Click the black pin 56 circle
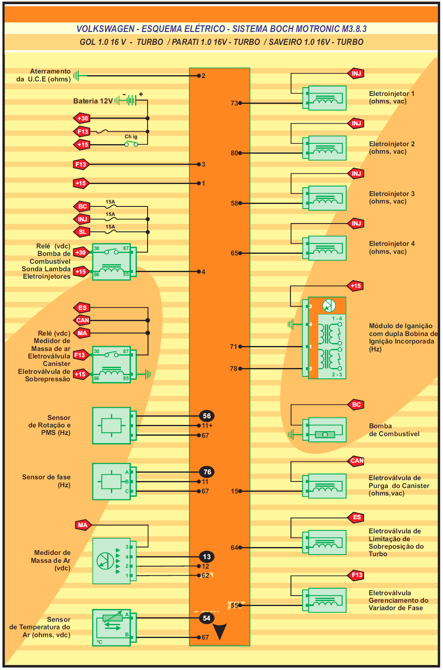(x=207, y=416)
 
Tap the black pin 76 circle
(x=207, y=472)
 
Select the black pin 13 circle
(x=207, y=557)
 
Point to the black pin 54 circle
(x=207, y=618)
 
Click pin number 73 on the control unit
(x=234, y=103)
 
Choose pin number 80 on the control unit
(x=234, y=153)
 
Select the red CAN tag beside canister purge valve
(x=357, y=461)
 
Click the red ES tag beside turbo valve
(x=357, y=517)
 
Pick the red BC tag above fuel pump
(x=356, y=405)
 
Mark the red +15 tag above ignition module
(x=355, y=286)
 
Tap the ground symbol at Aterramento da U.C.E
(x=77, y=76)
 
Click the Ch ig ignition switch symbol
(x=131, y=144)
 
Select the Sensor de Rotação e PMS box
(x=112, y=425)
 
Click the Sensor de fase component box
(x=112, y=481)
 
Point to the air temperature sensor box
(x=112, y=627)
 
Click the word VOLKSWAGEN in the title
(x=106, y=29)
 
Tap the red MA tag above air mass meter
(x=83, y=525)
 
